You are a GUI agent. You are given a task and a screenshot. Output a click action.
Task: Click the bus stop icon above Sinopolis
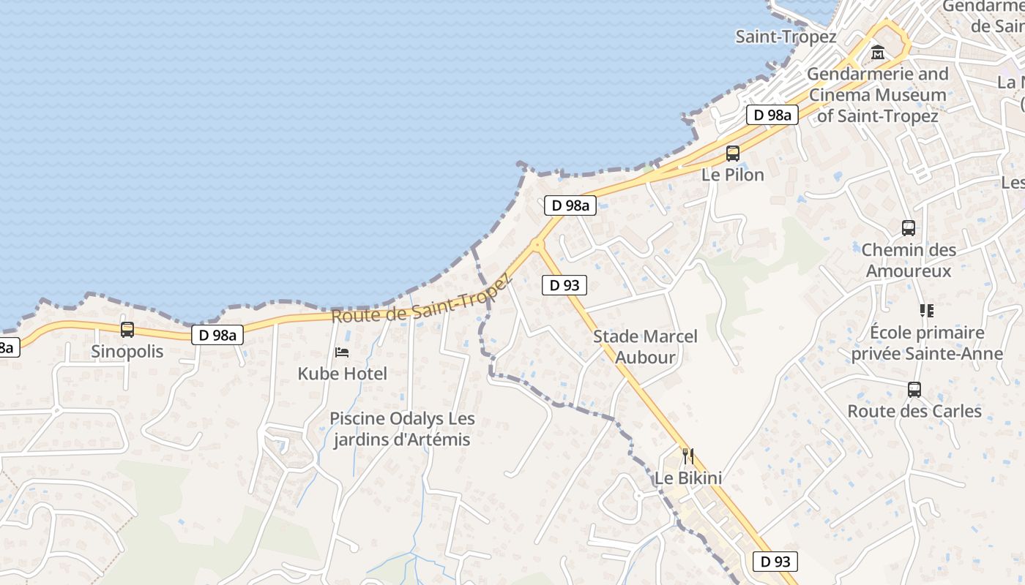(127, 330)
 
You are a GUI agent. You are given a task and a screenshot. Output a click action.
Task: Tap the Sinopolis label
(127, 351)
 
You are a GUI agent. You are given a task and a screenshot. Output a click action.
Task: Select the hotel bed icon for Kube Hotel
(342, 352)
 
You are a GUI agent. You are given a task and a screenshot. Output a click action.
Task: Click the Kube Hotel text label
(342, 374)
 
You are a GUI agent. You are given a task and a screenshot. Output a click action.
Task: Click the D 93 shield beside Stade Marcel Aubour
(564, 285)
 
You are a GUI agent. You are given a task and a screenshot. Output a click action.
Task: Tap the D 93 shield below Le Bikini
(775, 562)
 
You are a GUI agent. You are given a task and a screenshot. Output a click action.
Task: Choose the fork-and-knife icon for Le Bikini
(687, 456)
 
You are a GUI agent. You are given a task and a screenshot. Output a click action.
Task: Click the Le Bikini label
(687, 478)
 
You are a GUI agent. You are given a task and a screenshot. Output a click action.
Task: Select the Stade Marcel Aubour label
(645, 347)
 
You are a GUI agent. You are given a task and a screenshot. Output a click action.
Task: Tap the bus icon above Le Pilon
(733, 154)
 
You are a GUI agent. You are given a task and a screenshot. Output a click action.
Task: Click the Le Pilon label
(733, 175)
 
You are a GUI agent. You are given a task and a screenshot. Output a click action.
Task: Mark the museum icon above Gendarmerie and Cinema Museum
(878, 53)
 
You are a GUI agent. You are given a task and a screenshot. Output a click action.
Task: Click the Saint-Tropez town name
(786, 37)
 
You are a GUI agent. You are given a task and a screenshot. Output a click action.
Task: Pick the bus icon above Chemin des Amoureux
(909, 228)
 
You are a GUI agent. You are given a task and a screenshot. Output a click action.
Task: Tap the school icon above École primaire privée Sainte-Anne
(927, 311)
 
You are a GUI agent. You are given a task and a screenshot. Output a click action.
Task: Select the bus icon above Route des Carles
(914, 390)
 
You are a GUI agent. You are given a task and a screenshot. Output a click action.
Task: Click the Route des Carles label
(914, 411)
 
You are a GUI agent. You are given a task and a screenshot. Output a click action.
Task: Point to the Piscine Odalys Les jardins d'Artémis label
(402, 429)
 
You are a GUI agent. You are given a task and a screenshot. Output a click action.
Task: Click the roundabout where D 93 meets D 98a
(538, 244)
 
